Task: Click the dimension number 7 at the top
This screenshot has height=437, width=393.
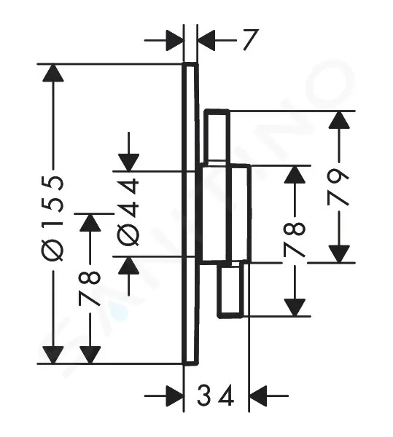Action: point(250,39)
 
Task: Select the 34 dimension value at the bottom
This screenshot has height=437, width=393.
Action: point(215,395)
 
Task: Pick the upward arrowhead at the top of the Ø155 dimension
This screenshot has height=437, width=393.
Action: point(53,73)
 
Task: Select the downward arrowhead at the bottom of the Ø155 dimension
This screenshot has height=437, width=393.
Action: point(53,355)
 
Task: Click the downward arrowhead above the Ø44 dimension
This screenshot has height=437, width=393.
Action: point(128,162)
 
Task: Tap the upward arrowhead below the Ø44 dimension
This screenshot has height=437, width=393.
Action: point(128,265)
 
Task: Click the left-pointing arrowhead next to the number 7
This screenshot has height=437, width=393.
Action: point(206,40)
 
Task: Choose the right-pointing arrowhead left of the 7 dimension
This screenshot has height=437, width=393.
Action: point(175,40)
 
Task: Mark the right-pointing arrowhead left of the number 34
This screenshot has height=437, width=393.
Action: point(175,395)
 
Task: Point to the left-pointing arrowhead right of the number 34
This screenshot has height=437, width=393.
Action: point(258,395)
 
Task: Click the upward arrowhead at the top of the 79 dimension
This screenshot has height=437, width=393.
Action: point(339,120)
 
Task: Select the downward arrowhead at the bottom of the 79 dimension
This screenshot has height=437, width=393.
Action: point(339,254)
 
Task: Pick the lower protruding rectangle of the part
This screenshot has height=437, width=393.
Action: point(230,291)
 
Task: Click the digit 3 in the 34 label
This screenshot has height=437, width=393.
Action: point(205,395)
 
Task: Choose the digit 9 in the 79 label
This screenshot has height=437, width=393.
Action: point(338,177)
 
